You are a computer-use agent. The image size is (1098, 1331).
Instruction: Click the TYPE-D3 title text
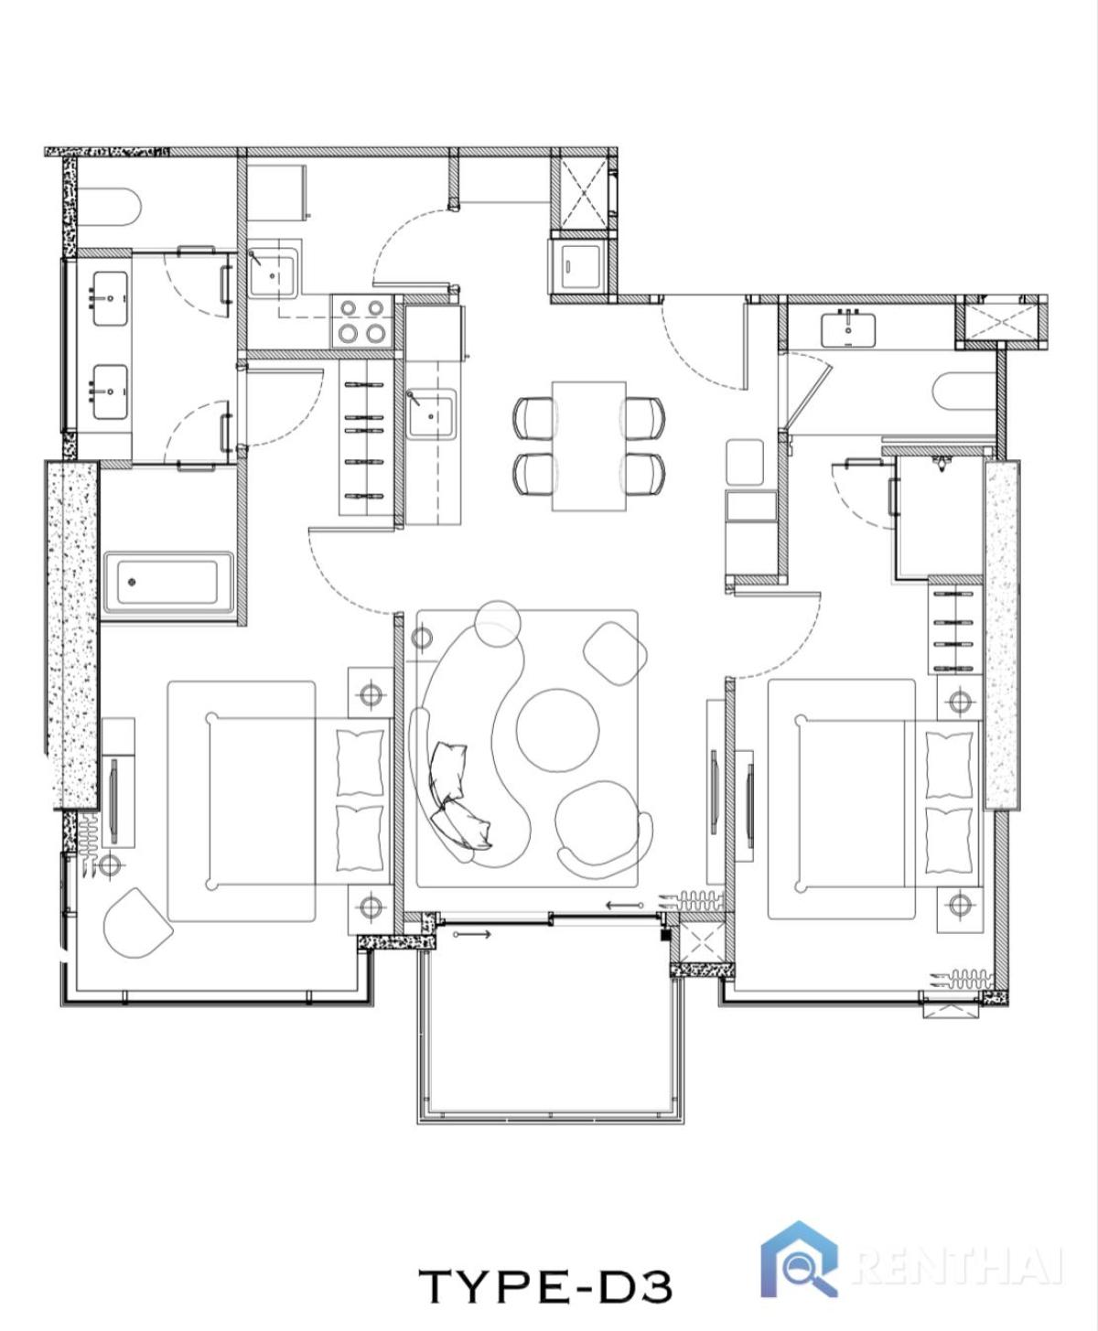(x=545, y=1285)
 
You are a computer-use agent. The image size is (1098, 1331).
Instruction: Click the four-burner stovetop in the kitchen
(x=361, y=321)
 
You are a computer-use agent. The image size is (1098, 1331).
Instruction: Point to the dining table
(x=588, y=445)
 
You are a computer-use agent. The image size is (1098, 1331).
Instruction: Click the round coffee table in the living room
(x=557, y=730)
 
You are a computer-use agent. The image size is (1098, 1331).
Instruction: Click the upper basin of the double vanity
(x=110, y=298)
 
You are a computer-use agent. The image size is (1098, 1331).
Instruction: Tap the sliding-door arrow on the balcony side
(x=472, y=935)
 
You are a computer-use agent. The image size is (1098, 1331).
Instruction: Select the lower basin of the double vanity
(x=110, y=392)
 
